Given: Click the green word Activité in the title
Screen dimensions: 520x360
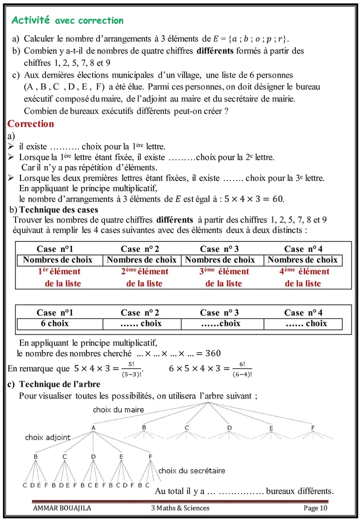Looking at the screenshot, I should [x=30, y=20].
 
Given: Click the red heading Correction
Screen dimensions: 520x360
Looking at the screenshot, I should [x=31, y=123].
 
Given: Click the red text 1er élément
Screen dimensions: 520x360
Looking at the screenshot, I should [x=59, y=271].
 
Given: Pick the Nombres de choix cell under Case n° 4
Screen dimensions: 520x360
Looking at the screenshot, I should [x=302, y=260].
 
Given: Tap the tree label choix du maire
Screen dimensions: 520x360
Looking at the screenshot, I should [x=118, y=409].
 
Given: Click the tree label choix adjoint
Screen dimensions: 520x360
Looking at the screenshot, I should [x=48, y=437].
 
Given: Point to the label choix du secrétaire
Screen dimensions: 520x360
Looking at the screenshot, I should [x=191, y=470].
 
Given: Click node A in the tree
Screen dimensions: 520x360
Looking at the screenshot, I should [x=93, y=427].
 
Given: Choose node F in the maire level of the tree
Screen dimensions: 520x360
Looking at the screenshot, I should [x=312, y=427].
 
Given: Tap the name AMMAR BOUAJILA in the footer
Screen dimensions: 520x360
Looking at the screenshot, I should [x=62, y=508].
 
